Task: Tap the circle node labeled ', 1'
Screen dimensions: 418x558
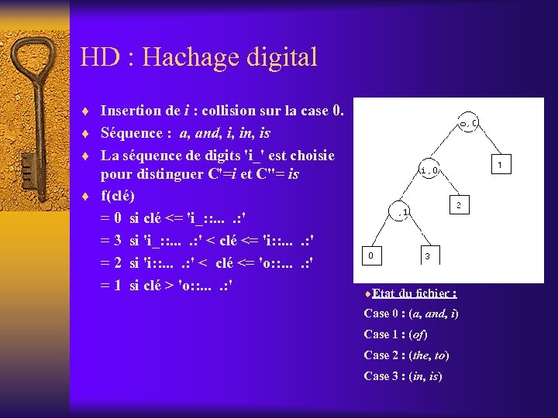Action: (x=404, y=211)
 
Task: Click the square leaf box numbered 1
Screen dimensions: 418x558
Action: (x=501, y=164)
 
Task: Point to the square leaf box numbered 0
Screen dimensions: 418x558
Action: (x=372, y=253)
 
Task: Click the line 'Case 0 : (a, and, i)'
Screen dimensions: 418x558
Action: (x=411, y=313)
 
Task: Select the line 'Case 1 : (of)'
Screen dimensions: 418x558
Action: (x=396, y=334)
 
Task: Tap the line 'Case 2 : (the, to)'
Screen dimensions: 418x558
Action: (x=406, y=355)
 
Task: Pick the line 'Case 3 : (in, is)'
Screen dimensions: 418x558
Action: (x=403, y=376)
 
